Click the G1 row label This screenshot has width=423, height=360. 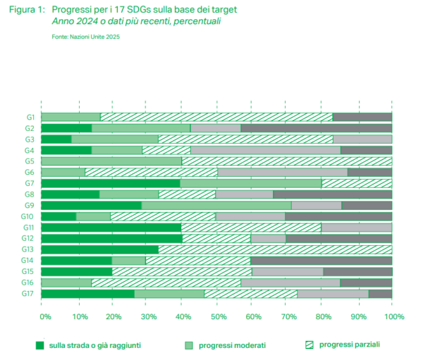[30, 117]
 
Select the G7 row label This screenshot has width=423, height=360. [30, 183]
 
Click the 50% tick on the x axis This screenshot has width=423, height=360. [219, 317]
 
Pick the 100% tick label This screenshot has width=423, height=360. [393, 317]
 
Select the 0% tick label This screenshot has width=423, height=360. [44, 317]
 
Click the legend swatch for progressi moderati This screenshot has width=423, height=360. [189, 345]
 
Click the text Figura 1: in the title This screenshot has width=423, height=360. [26, 10]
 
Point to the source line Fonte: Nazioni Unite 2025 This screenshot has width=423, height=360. [85, 36]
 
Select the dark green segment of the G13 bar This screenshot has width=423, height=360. [99, 249]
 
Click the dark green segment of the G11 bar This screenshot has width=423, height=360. [111, 228]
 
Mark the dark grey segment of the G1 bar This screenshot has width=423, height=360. [362, 117]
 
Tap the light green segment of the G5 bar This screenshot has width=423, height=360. [111, 161]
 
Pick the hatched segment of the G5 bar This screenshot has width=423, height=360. [286, 161]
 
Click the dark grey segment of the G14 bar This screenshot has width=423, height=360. [321, 261]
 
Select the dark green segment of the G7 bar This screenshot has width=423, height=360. [111, 183]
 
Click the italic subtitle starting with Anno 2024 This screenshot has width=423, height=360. [137, 22]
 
